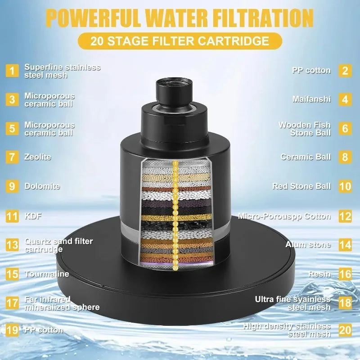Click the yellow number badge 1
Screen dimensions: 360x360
[12, 71]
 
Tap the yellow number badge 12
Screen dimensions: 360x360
[345, 216]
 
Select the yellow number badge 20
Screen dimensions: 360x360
[345, 330]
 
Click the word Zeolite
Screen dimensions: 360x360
[38, 157]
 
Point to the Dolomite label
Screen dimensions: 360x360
[42, 186]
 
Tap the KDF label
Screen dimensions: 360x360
[33, 216]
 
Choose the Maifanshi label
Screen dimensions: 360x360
[311, 99]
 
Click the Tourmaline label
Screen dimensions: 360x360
[47, 274]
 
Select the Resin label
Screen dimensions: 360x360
[319, 274]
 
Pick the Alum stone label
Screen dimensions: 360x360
[308, 245]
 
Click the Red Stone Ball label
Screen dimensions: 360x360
[301, 186]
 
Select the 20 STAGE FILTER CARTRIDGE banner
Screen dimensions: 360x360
[180, 41]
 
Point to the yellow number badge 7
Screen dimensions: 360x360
[12, 157]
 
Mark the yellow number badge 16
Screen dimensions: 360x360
[345, 274]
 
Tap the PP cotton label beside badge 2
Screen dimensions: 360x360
[311, 71]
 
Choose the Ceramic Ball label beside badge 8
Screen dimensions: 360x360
[306, 157]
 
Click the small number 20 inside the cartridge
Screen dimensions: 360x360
[175, 268]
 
